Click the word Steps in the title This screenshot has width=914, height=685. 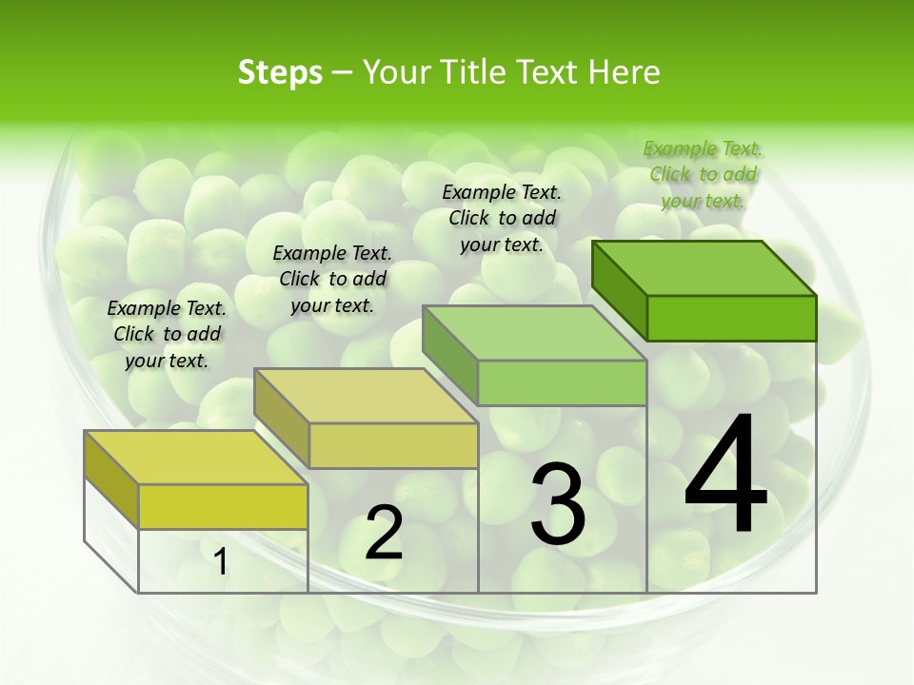tap(280, 72)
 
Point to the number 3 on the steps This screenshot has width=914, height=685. tap(558, 504)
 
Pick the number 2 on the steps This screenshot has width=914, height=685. tap(384, 533)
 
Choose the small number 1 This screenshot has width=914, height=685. tap(221, 561)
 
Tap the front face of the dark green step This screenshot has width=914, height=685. tap(731, 318)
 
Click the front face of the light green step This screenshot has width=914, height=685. tap(562, 382)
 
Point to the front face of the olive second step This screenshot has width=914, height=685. tap(393, 445)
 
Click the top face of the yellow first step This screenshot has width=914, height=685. tap(196, 458)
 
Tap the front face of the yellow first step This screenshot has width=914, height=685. tap(223, 506)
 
